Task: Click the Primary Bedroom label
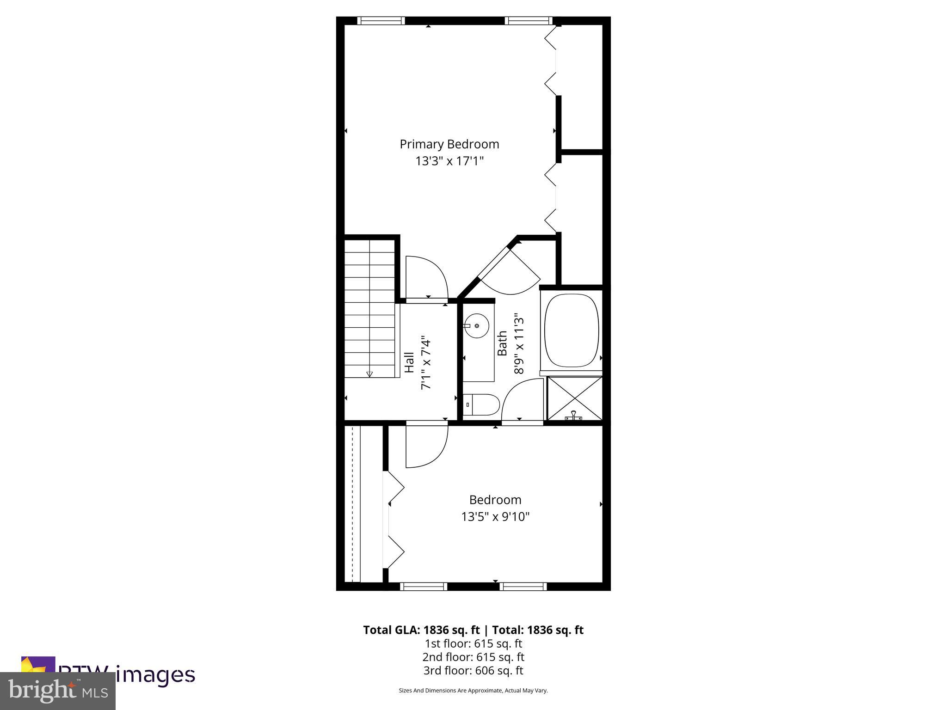pyautogui.click(x=449, y=144)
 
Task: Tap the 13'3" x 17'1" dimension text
pyautogui.click(x=449, y=161)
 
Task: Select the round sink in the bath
pyautogui.click(x=476, y=326)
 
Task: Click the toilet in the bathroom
pyautogui.click(x=481, y=405)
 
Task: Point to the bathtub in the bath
pyautogui.click(x=572, y=331)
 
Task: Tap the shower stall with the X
pyautogui.click(x=575, y=398)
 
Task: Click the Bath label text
pyautogui.click(x=502, y=343)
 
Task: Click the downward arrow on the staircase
pyautogui.click(x=369, y=374)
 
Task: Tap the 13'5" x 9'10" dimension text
pyautogui.click(x=495, y=517)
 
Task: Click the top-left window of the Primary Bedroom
pyautogui.click(x=381, y=21)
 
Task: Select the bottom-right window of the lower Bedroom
pyautogui.click(x=523, y=587)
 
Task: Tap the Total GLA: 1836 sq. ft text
pyautogui.click(x=423, y=630)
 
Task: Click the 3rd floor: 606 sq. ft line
pyautogui.click(x=473, y=670)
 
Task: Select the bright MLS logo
pyautogui.click(x=58, y=691)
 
